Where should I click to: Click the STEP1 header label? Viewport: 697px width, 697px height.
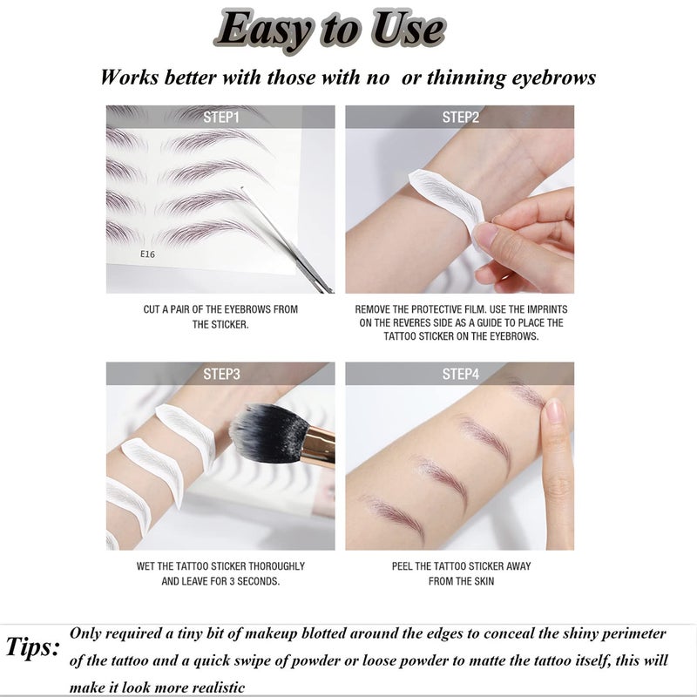coord(220,117)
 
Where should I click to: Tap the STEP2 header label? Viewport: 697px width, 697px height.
coord(460,117)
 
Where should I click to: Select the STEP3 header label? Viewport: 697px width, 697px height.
coord(220,374)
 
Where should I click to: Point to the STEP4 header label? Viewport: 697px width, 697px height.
coord(460,374)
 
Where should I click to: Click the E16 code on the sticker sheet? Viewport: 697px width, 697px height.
coord(146,254)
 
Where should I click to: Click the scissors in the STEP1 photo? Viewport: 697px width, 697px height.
coord(296,244)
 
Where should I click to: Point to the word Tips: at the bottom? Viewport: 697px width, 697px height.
coord(33,647)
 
